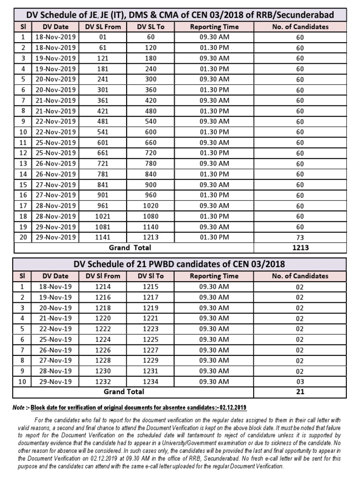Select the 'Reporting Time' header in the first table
pos(214,27)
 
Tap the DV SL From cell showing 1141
pos(103,237)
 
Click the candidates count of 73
pos(300,238)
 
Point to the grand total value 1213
pos(300,247)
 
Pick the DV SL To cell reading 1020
pos(150,205)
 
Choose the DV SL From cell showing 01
pos(103,37)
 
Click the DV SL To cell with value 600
pos(150,132)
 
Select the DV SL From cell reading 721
pos(103,164)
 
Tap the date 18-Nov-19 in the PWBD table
pos(55,286)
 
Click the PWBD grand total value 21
pos(300,391)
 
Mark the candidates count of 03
pos(300,382)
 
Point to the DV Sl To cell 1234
pos(150,382)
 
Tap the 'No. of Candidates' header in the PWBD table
pos(300,276)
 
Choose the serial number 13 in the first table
pos(22,164)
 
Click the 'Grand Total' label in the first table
pos(130,247)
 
